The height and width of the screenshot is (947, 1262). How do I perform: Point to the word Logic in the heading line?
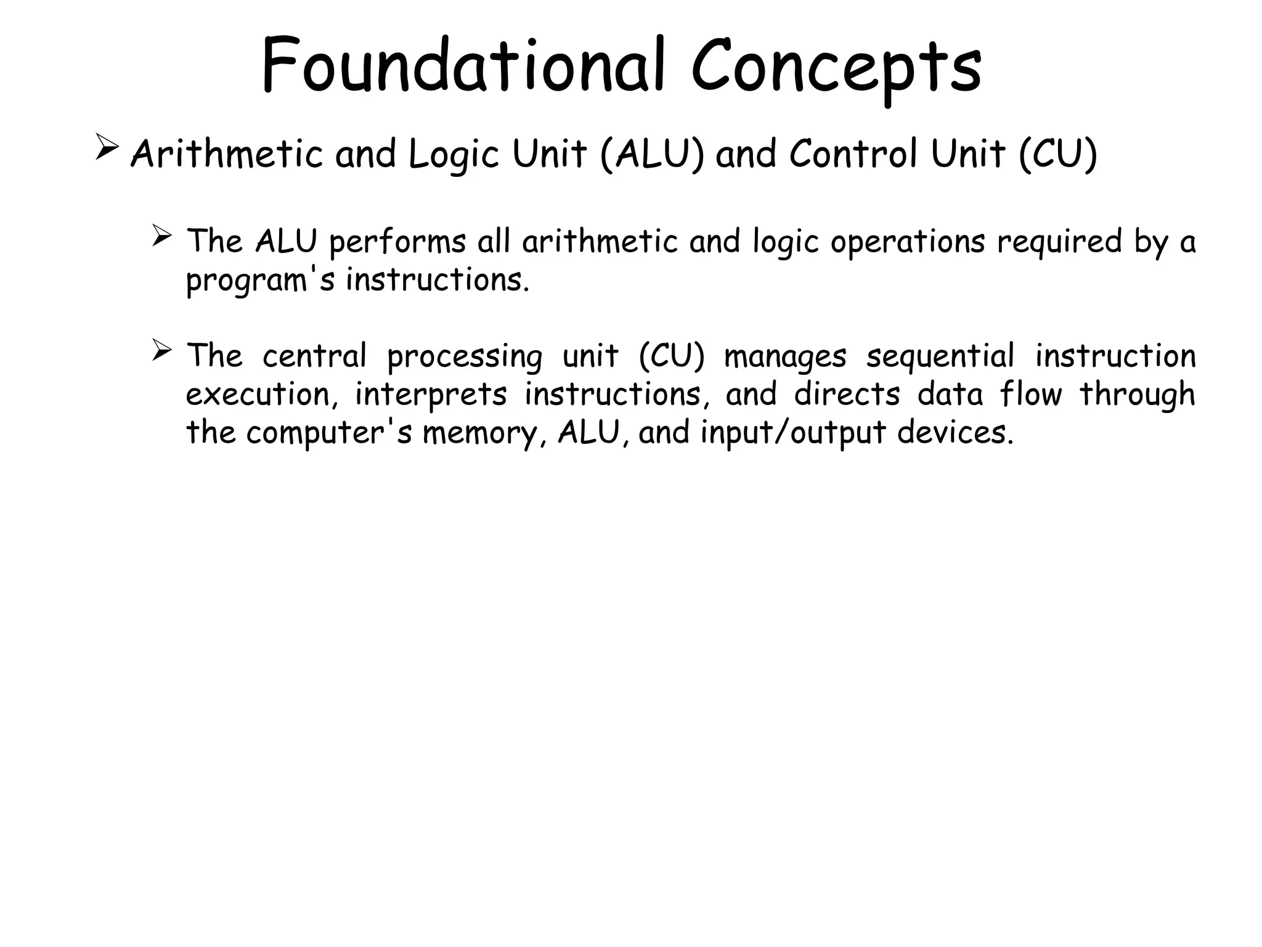pos(454,155)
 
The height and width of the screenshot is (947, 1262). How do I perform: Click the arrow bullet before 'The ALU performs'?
pos(161,236)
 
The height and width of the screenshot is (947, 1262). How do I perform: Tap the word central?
pos(314,356)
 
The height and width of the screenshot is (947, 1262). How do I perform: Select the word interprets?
pos(431,395)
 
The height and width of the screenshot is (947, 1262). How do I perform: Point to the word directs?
pos(847,395)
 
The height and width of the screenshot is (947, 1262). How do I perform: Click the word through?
pos(1137,395)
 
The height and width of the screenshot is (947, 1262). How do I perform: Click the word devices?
pos(955,432)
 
